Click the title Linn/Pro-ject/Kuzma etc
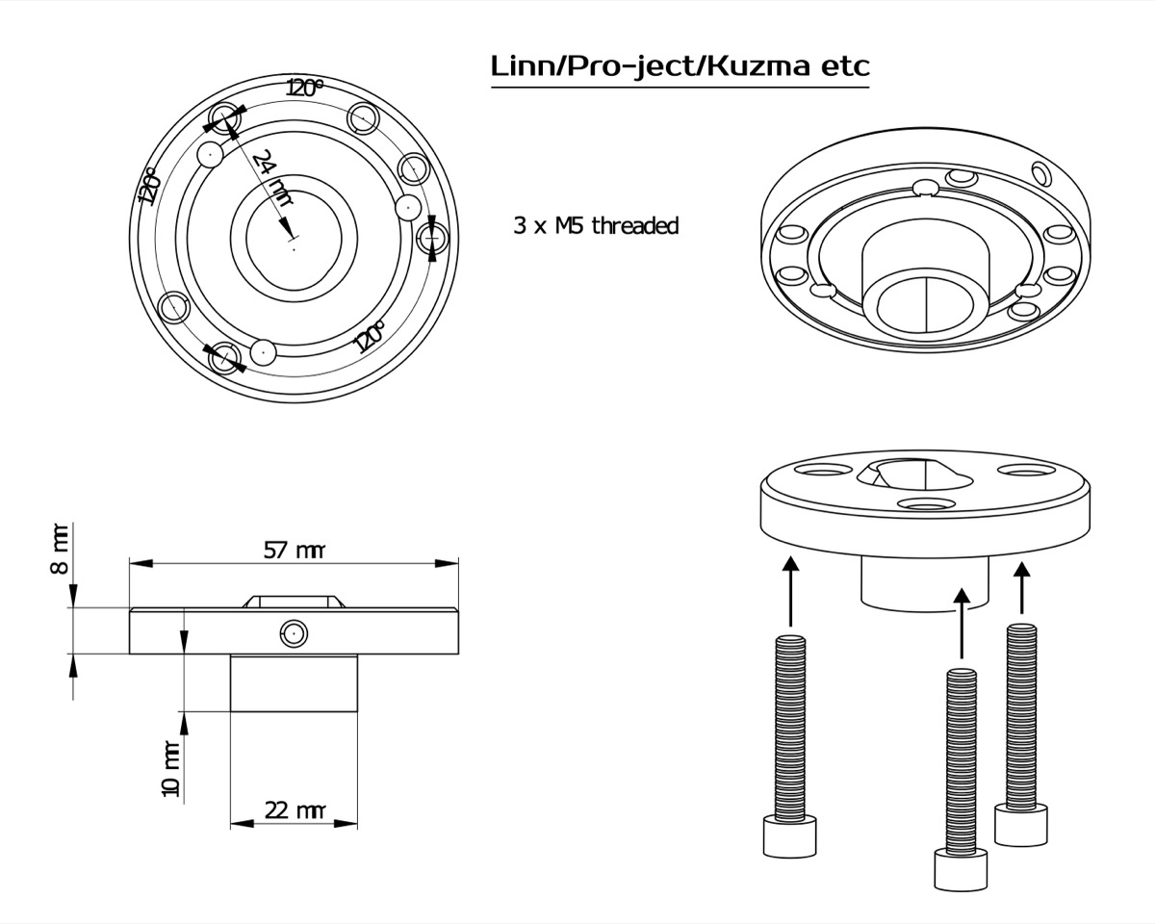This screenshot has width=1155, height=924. pyautogui.click(x=680, y=66)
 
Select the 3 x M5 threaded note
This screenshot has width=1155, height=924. pyautogui.click(x=596, y=226)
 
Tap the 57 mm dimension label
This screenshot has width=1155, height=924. pyautogui.click(x=294, y=551)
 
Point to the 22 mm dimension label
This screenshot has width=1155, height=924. pyautogui.click(x=294, y=810)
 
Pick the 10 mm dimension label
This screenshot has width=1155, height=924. pyautogui.click(x=170, y=769)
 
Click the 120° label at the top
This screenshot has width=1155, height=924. pyautogui.click(x=305, y=88)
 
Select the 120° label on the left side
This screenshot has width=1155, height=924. pyautogui.click(x=148, y=187)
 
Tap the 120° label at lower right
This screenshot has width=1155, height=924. pyautogui.click(x=369, y=337)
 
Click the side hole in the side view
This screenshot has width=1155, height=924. pyautogui.click(x=294, y=632)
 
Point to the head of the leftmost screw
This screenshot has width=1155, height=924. pyautogui.click(x=789, y=836)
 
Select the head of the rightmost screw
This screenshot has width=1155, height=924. pyautogui.click(x=1020, y=827)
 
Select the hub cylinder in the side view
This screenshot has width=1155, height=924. pyautogui.click(x=294, y=682)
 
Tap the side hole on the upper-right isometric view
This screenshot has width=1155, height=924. pyautogui.click(x=1040, y=172)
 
